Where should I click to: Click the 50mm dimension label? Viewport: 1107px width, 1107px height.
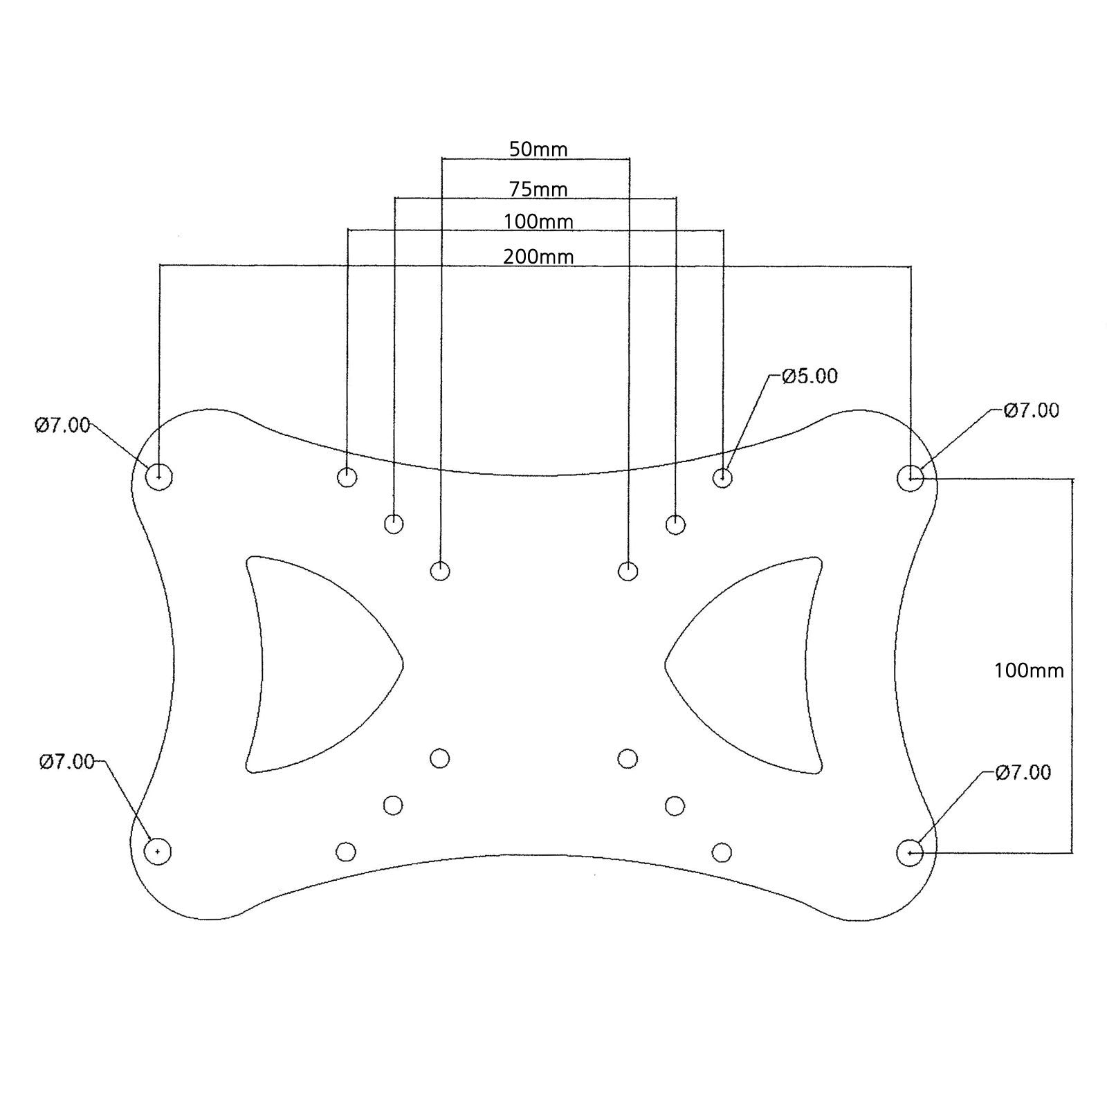pos(538,149)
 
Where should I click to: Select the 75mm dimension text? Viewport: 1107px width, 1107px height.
pos(538,189)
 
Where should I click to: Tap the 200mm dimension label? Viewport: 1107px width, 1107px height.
pos(538,257)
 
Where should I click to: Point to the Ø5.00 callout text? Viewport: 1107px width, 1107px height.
pos(809,376)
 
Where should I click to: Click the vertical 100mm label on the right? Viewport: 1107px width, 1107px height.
pos(1029,670)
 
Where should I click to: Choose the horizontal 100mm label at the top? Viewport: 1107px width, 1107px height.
pos(538,222)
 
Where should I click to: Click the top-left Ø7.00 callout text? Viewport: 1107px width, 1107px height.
pos(62,425)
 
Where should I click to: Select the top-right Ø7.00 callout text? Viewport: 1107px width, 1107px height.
pos(1031,410)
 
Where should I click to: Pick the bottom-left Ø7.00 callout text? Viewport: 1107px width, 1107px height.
pos(66,762)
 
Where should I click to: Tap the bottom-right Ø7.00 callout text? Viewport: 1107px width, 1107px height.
pos(1023,772)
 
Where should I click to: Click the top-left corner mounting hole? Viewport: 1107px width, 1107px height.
pos(160,477)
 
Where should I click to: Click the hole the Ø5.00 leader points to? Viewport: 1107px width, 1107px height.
pos(722,477)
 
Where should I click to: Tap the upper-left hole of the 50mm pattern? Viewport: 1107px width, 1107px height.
pos(440,571)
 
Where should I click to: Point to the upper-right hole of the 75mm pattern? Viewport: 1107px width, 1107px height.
pos(675,524)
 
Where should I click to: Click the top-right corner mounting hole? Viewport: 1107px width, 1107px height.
pos(911,478)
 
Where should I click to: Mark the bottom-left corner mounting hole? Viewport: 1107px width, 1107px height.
pos(158,851)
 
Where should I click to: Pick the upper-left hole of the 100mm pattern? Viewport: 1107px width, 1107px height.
pos(347,477)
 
